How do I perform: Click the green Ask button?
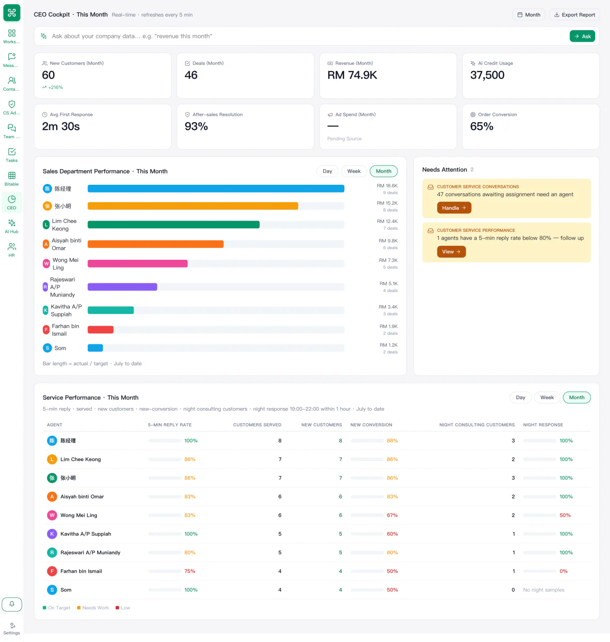pos(582,36)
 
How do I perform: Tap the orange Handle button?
pos(454,208)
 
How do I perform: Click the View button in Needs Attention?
pos(451,251)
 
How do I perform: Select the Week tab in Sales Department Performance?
pos(354,171)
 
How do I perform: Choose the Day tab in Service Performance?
pos(520,397)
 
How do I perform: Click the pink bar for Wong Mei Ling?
pos(138,264)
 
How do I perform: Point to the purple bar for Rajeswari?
pos(122,287)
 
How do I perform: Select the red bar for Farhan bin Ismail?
pos(100,329)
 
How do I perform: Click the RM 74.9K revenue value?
pos(352,75)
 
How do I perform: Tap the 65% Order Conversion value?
pos(481,126)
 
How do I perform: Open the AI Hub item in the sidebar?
pos(12,226)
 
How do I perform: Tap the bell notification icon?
pos(12,604)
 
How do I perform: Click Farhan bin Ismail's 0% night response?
pos(563,571)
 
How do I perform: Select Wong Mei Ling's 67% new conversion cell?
pos(392,515)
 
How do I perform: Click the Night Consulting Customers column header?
pos(477,425)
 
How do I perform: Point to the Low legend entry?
pos(123,608)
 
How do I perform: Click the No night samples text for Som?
pos(543,590)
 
